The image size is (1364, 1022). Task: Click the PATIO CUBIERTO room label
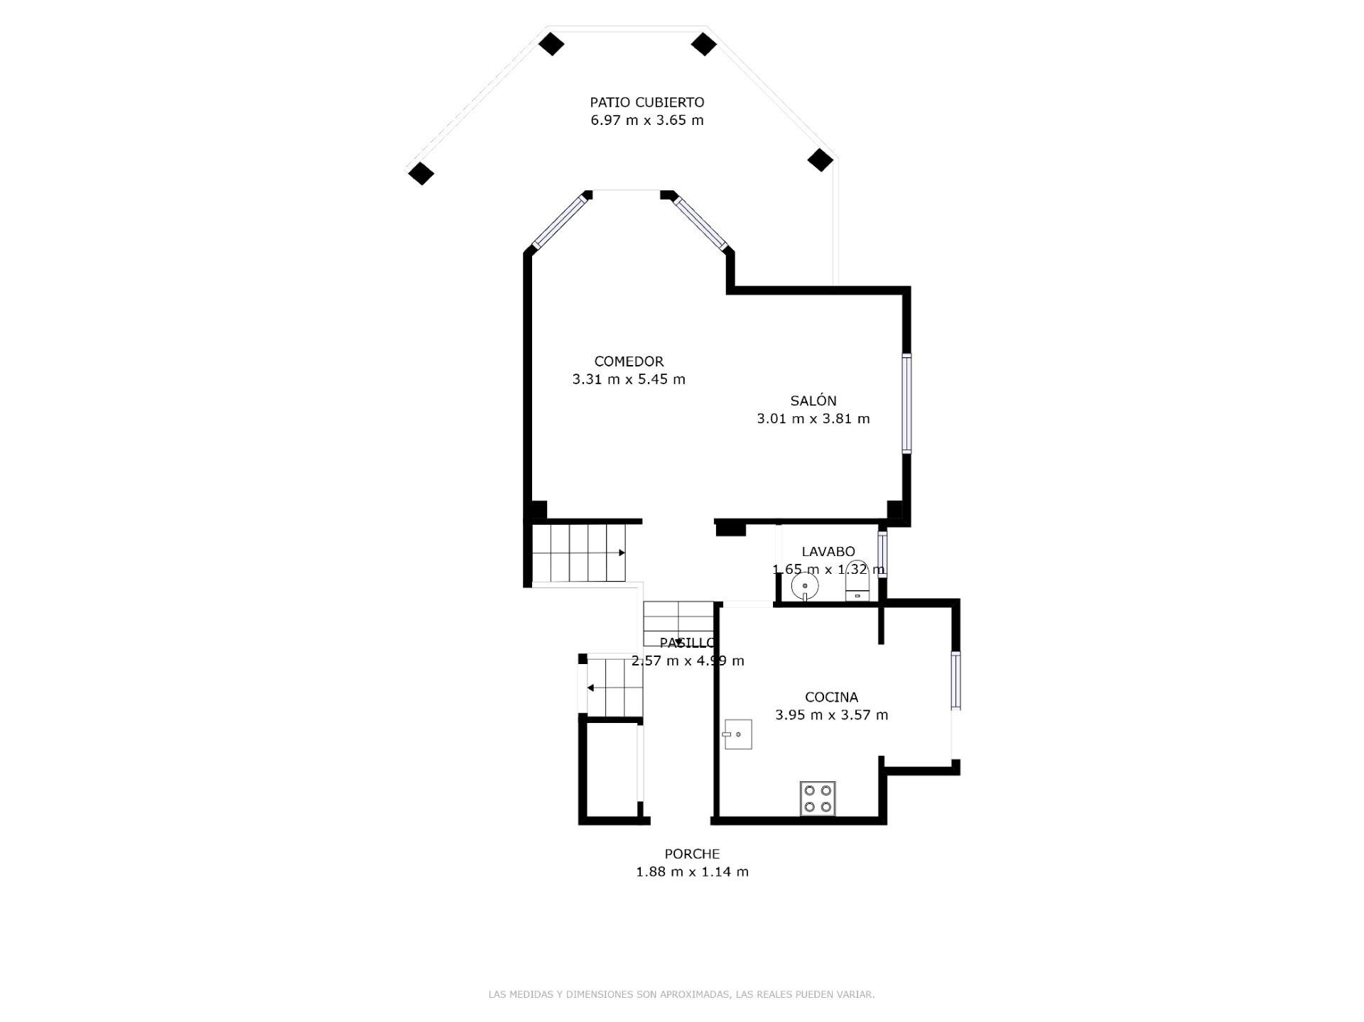(x=646, y=102)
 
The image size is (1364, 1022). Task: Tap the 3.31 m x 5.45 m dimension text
(x=629, y=379)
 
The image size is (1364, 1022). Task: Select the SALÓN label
(x=813, y=401)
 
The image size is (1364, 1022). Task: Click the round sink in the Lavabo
(x=805, y=587)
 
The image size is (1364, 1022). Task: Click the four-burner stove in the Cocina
(x=818, y=798)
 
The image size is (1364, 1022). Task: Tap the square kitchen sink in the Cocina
(x=738, y=734)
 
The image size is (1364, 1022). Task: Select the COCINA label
(x=831, y=697)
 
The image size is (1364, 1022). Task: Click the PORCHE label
(x=692, y=854)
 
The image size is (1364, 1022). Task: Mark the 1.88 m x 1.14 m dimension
(x=692, y=871)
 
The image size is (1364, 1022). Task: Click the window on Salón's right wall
(x=906, y=403)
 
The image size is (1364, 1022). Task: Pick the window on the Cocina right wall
(x=956, y=680)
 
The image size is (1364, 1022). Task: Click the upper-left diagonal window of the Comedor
(x=560, y=222)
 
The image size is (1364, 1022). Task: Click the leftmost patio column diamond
(x=421, y=173)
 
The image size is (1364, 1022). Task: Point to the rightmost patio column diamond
(x=820, y=160)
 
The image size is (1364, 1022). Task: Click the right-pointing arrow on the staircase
(x=621, y=553)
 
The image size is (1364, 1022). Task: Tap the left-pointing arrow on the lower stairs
(x=590, y=687)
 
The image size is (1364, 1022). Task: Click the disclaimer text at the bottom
(x=681, y=994)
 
